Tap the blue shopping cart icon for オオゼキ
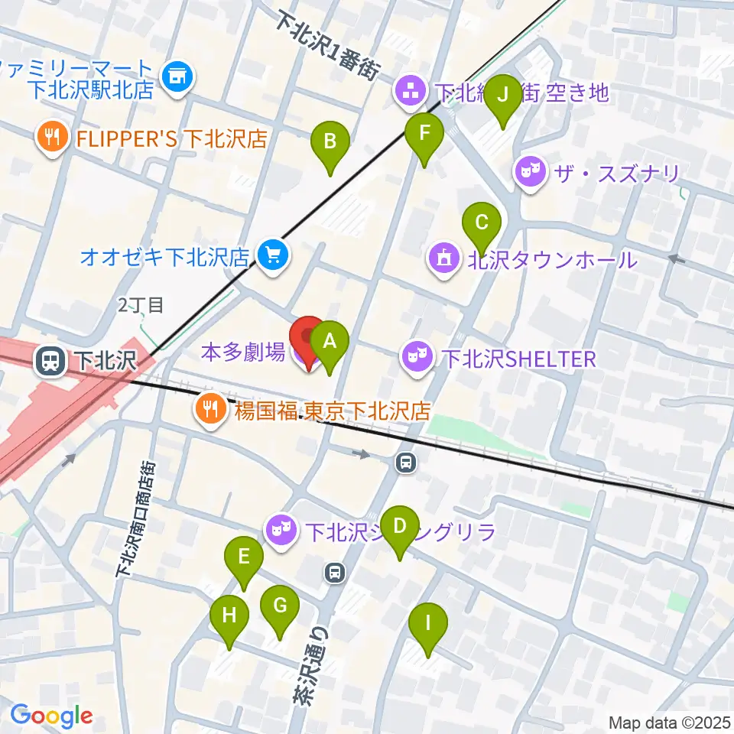[x=271, y=255]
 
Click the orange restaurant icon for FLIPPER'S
[x=53, y=138]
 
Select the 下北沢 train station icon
[x=52, y=361]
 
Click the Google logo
[x=51, y=716]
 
